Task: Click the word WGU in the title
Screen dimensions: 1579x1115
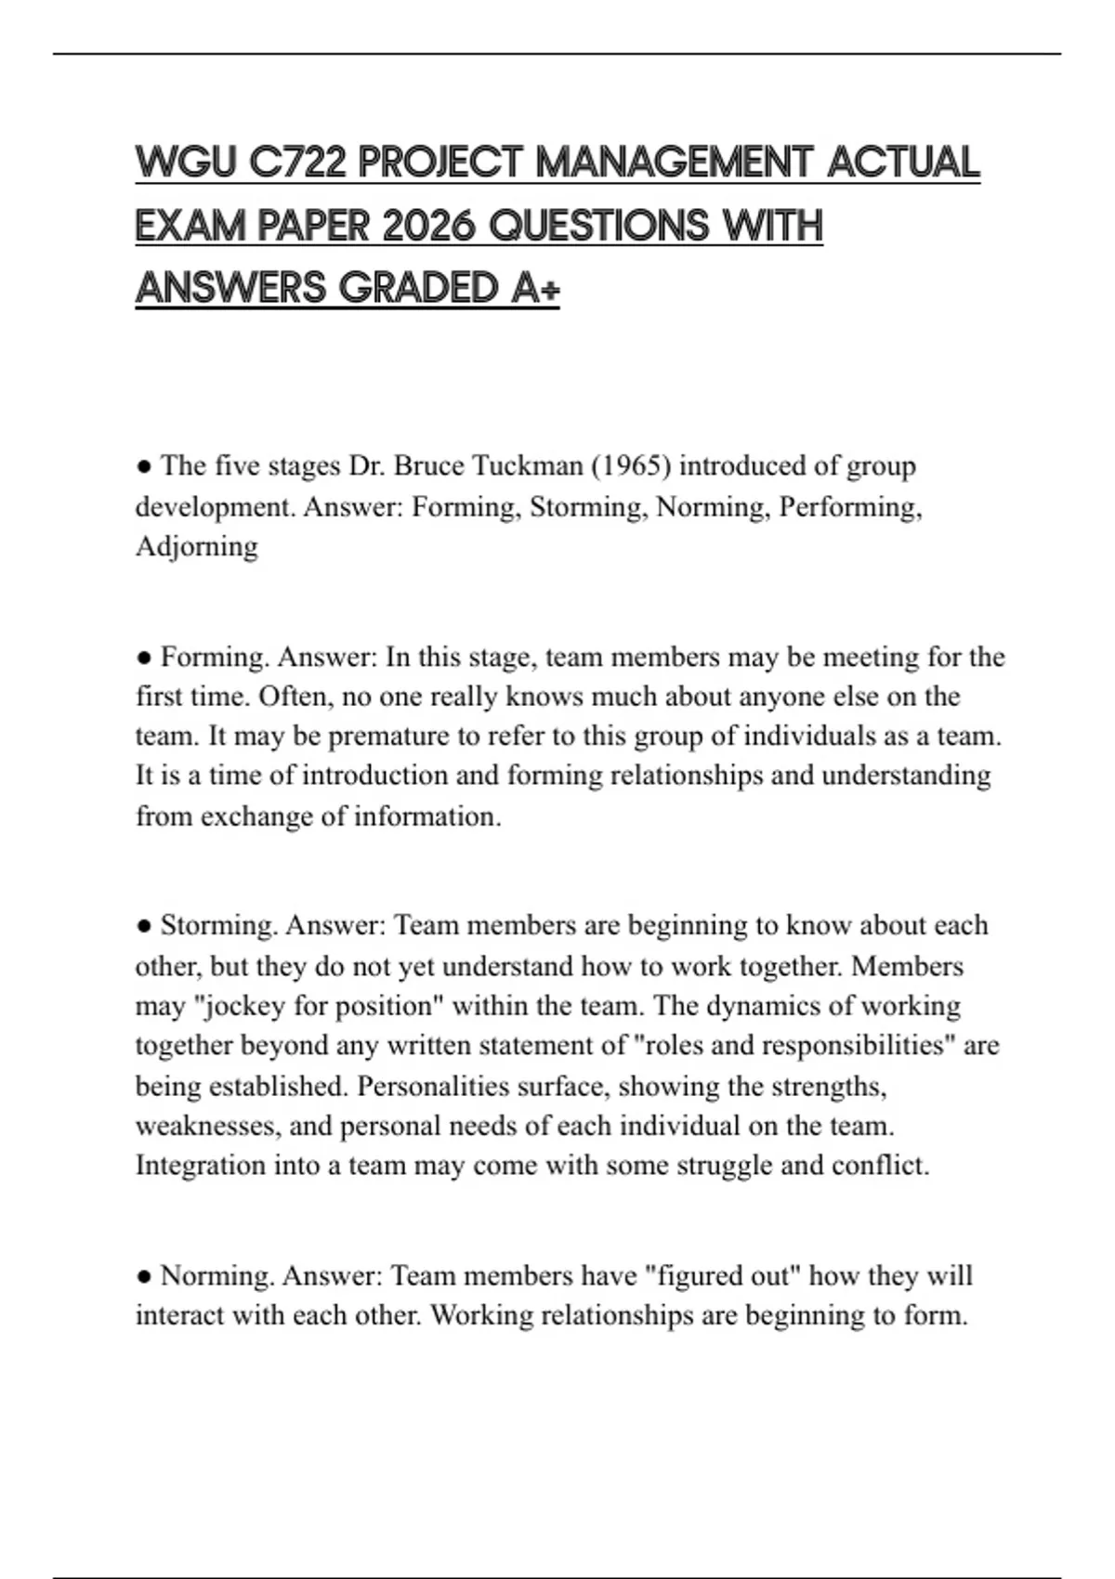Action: pyautogui.click(x=186, y=163)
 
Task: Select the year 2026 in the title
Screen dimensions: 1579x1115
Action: pyautogui.click(x=429, y=226)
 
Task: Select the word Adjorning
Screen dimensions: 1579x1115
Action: pyautogui.click(x=197, y=547)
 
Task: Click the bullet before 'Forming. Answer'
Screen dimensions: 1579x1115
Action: pyautogui.click(x=144, y=658)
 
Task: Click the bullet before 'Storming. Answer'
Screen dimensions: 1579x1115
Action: pyautogui.click(x=144, y=926)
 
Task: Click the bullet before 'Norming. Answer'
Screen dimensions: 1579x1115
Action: pyautogui.click(x=144, y=1276)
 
